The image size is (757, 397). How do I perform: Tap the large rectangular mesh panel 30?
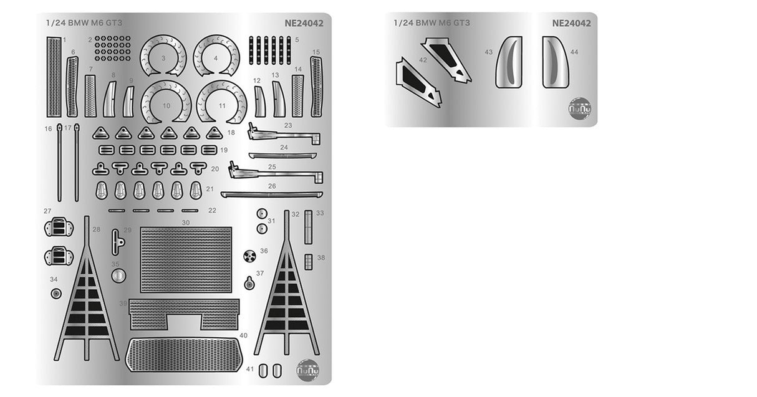pyautogui.click(x=186, y=260)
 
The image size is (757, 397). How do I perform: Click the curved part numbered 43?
pyautogui.click(x=508, y=62)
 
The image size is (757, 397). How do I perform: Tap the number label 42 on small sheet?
pyautogui.click(x=423, y=60)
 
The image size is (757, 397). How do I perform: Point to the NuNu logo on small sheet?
pyautogui.click(x=580, y=108)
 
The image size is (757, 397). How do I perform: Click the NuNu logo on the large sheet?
pyautogui.click(x=307, y=368)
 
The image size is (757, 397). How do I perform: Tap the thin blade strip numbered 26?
pyautogui.click(x=272, y=194)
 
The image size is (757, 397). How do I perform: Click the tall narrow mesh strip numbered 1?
pyautogui.click(x=54, y=76)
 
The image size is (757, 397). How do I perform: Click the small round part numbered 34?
pyautogui.click(x=56, y=293)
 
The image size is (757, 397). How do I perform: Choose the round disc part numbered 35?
pyautogui.click(x=118, y=276)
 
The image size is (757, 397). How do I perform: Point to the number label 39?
pyautogui.click(x=123, y=303)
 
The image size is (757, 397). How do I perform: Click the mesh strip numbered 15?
pyautogui.click(x=316, y=86)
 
